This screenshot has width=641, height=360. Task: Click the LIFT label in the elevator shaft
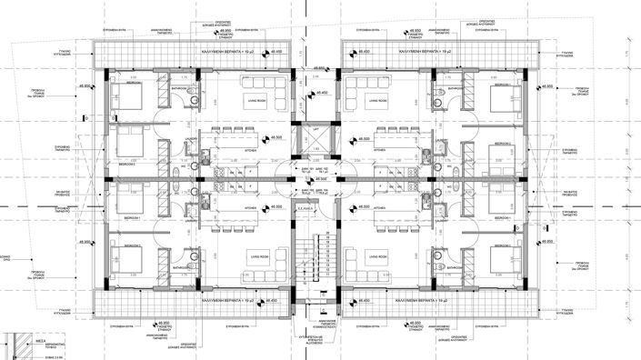pos(315,131)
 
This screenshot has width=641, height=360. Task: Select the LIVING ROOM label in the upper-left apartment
pos(255,101)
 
